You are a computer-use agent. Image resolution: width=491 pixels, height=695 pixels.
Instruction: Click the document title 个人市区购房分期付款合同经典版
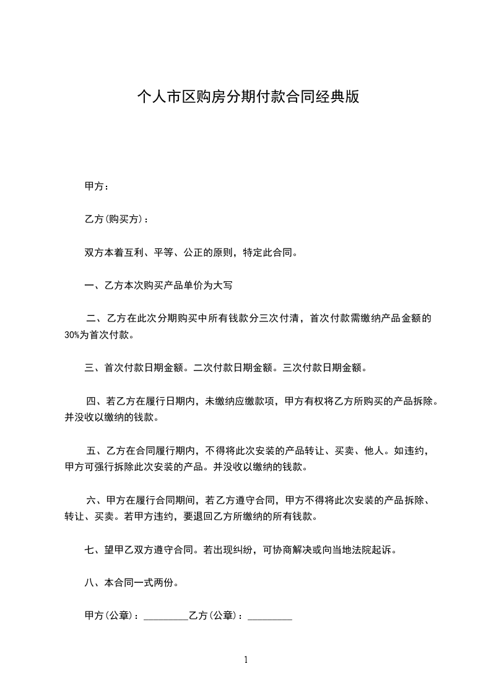(248, 97)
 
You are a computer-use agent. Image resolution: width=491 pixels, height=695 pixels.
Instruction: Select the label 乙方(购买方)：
(116, 219)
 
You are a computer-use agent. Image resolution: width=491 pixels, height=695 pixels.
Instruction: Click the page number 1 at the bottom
(246, 659)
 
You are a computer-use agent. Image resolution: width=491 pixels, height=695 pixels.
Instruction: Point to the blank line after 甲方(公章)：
(165, 616)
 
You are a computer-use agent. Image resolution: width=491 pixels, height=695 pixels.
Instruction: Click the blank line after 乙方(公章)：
(269, 616)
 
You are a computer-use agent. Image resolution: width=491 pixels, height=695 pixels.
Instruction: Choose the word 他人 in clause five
(373, 450)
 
